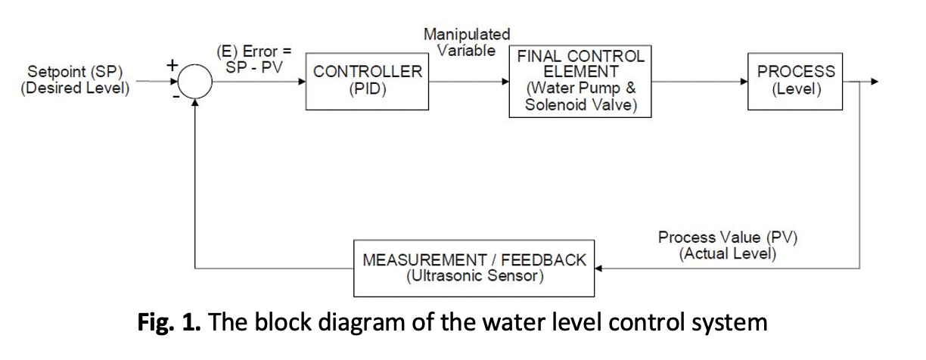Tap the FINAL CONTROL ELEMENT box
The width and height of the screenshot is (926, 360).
[x=580, y=82]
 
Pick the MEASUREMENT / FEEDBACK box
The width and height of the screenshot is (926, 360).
[x=475, y=268]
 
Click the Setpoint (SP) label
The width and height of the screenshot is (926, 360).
[x=75, y=73]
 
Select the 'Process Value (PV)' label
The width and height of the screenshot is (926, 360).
[x=728, y=237]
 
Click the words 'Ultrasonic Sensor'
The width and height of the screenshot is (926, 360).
[x=475, y=276]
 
